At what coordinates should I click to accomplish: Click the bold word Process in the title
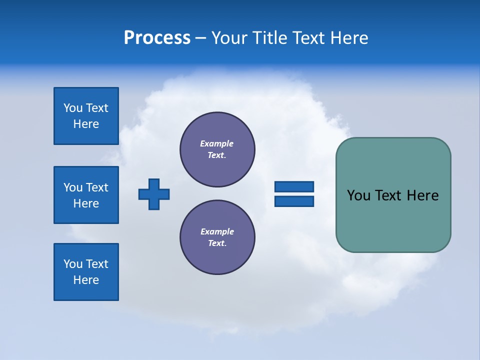(157, 38)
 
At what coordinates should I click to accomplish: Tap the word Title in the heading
(268, 38)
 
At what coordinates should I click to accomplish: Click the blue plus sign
(154, 194)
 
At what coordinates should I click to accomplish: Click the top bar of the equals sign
(294, 186)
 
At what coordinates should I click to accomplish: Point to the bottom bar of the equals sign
(294, 201)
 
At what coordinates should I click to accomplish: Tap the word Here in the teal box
(422, 195)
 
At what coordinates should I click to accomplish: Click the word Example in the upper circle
(216, 143)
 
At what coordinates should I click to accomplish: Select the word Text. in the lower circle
(217, 243)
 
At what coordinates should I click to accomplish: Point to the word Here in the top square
(86, 124)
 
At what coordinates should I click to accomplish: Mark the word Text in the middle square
(97, 187)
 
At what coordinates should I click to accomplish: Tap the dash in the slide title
(200, 38)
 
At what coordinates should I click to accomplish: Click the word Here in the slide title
(349, 38)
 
